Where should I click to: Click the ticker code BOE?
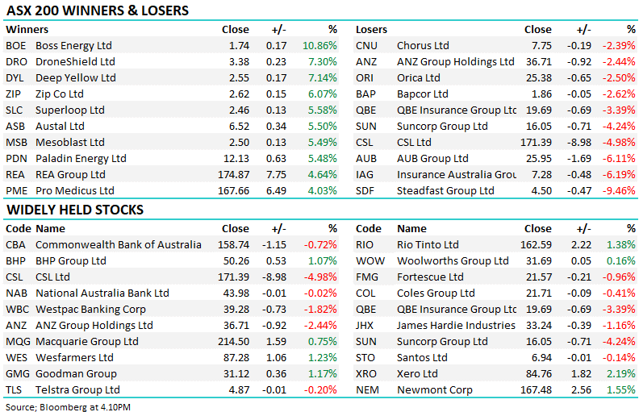tap(16, 46)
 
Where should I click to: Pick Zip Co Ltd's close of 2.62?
tap(236, 94)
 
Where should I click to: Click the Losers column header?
tap(371, 30)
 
